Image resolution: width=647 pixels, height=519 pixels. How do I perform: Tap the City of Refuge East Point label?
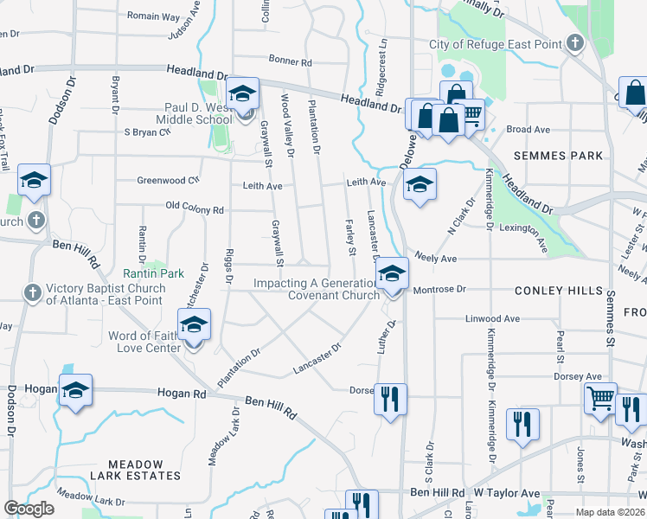[x=496, y=45]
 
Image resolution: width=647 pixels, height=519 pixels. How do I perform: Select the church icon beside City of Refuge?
[x=573, y=43]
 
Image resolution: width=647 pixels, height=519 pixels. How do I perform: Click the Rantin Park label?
[x=159, y=273]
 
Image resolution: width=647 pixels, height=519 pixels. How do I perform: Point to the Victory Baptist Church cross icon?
[x=32, y=291]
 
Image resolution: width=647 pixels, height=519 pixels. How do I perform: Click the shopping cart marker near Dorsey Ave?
[x=600, y=399]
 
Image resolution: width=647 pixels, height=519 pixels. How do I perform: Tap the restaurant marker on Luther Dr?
[x=390, y=399]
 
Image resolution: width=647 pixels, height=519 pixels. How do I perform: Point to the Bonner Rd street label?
[x=290, y=61]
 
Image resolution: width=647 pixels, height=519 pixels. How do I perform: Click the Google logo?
[x=29, y=509]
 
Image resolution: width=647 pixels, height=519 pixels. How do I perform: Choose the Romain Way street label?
[x=153, y=16]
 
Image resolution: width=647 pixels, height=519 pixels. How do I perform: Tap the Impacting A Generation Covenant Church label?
[x=317, y=289]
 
